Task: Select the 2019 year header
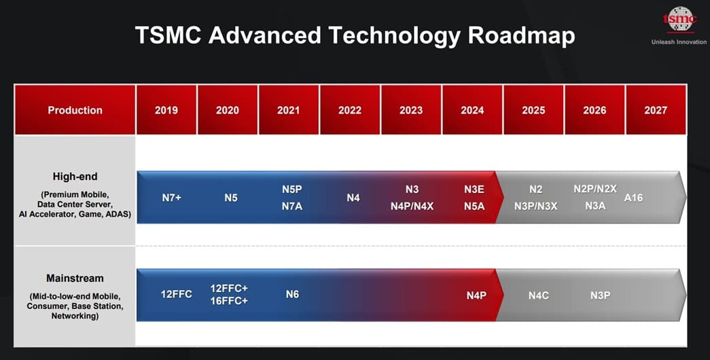click(x=166, y=110)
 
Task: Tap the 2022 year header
click(x=350, y=110)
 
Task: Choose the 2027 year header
click(x=656, y=110)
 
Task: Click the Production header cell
click(x=75, y=110)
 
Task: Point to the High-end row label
click(x=75, y=177)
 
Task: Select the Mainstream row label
click(x=75, y=278)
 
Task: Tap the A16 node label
click(x=633, y=198)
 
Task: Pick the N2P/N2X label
click(x=595, y=190)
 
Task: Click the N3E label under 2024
click(x=474, y=190)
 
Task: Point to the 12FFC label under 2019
click(x=177, y=294)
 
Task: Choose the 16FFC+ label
click(x=229, y=301)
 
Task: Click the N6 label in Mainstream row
click(x=292, y=294)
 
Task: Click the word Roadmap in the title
click(x=521, y=35)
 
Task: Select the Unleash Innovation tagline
click(x=679, y=42)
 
